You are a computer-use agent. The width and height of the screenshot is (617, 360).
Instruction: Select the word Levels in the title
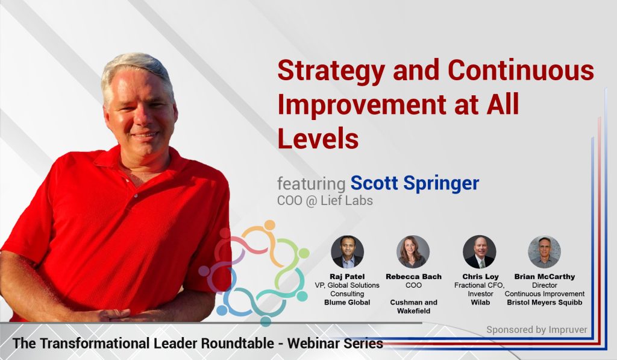(318, 137)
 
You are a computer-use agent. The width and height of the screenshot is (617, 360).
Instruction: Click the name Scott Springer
(415, 183)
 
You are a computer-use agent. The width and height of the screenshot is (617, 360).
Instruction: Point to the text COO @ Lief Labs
(325, 200)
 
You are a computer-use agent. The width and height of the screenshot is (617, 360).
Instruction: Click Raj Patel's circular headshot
(348, 251)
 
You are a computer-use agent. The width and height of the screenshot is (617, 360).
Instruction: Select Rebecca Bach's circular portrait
(413, 251)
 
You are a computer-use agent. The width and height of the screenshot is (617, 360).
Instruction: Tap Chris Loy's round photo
(479, 251)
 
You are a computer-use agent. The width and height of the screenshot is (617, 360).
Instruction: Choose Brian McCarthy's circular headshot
(544, 251)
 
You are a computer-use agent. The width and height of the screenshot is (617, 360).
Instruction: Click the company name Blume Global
(347, 302)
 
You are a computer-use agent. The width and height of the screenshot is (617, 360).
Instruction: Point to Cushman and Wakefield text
(413, 306)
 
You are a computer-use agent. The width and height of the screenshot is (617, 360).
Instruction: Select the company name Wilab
(480, 302)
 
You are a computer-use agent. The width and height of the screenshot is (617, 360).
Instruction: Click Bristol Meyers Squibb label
(545, 302)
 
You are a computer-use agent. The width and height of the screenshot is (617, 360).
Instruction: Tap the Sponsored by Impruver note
(537, 330)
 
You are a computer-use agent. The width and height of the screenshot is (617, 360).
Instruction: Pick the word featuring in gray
(311, 183)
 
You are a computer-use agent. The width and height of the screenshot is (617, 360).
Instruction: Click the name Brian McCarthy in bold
(545, 277)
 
